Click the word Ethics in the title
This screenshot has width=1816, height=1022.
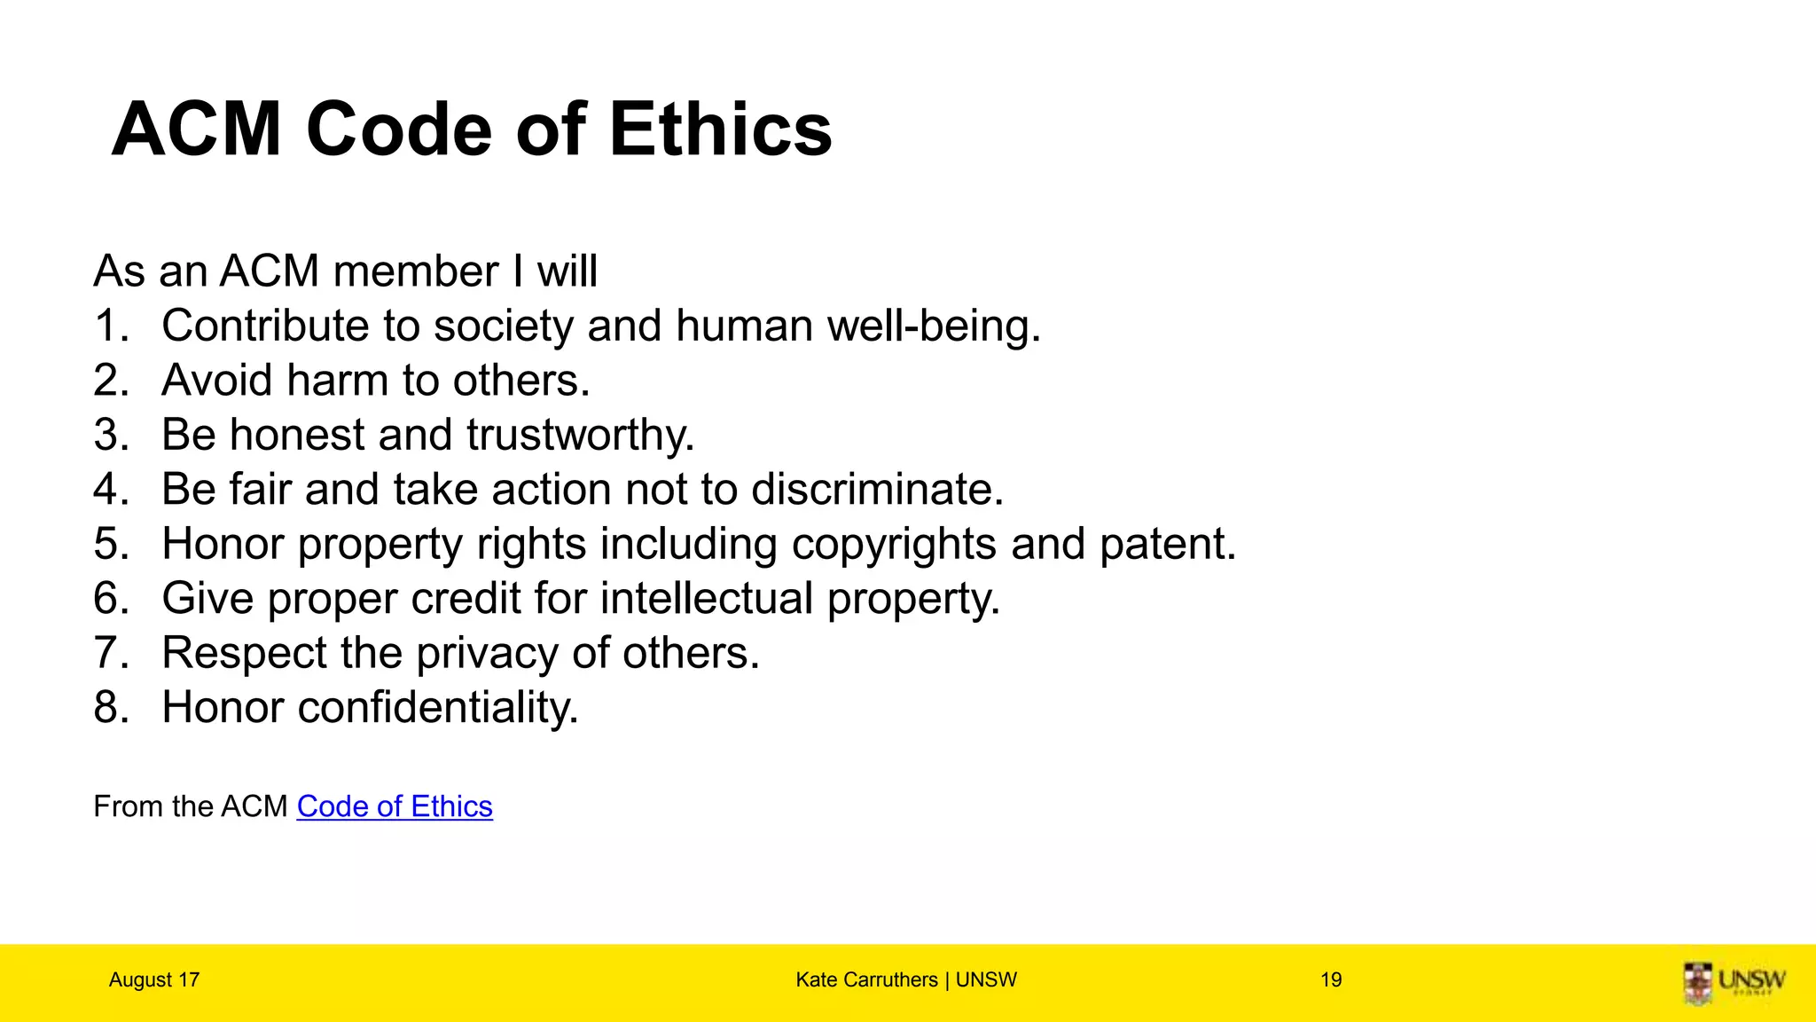(x=720, y=130)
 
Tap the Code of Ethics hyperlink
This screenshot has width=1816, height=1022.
(x=395, y=806)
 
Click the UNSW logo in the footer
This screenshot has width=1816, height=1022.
(x=1734, y=982)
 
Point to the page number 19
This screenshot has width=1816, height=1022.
(x=1331, y=980)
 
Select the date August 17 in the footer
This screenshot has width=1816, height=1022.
(x=154, y=980)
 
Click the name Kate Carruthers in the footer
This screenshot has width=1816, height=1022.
(x=866, y=980)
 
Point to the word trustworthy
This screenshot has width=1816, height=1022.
(x=580, y=436)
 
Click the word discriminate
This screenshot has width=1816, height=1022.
(x=877, y=490)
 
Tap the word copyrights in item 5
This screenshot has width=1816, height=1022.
(x=894, y=545)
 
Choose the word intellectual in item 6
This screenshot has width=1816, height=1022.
(x=707, y=599)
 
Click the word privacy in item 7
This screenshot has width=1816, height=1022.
(x=488, y=654)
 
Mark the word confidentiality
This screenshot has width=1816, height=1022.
(x=438, y=708)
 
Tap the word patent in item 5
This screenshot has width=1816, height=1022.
(x=1167, y=545)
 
